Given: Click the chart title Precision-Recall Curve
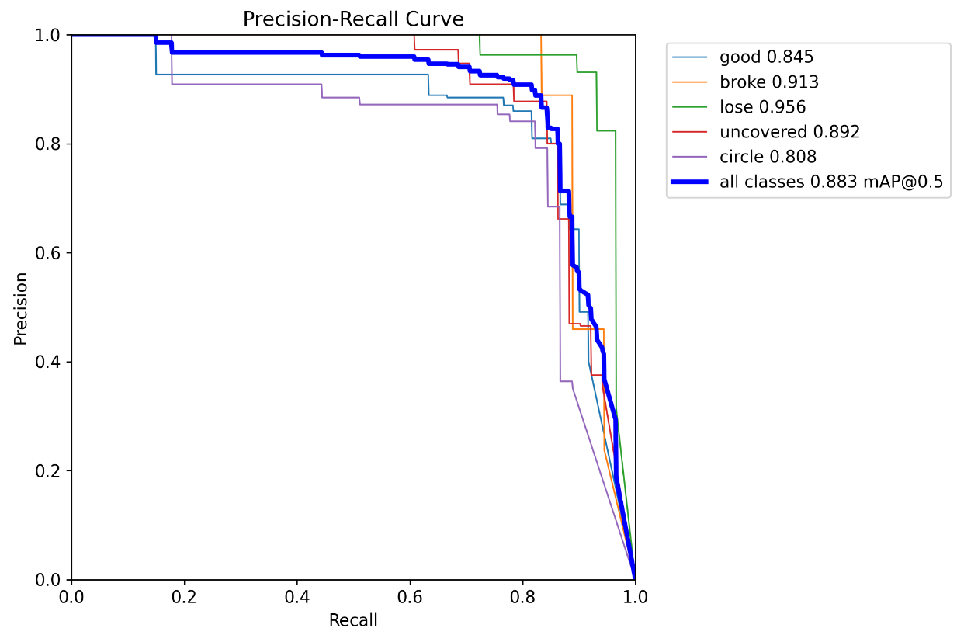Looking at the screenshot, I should pyautogui.click(x=353, y=19).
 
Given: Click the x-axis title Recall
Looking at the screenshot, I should pyautogui.click(x=353, y=620).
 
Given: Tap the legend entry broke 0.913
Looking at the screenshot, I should pyautogui.click(x=769, y=82).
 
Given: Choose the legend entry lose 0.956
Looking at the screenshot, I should pyautogui.click(x=763, y=107).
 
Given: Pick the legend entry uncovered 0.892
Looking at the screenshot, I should pyautogui.click(x=789, y=132).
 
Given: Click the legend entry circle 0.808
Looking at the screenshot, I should pyautogui.click(x=768, y=157).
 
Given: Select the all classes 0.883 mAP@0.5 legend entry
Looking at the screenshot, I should pyautogui.click(x=830, y=182).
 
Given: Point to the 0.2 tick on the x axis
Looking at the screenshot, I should pyautogui.click(x=184, y=599).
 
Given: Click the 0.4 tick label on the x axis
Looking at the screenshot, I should pyautogui.click(x=297, y=599).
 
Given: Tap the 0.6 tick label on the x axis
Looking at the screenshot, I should pyautogui.click(x=410, y=599).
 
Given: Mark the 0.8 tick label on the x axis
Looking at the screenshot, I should pyautogui.click(x=522, y=599).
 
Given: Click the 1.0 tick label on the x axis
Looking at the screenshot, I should pyautogui.click(x=635, y=599).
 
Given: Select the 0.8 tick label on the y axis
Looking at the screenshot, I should pyautogui.click(x=49, y=144).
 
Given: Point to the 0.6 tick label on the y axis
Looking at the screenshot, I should pyautogui.click(x=49, y=253).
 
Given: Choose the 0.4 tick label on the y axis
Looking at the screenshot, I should pyautogui.click(x=49, y=362).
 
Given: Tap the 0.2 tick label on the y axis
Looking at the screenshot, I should pyautogui.click(x=49, y=471).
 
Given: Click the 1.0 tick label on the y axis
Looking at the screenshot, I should pyautogui.click(x=49, y=36).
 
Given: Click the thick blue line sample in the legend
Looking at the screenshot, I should pyautogui.click(x=692, y=182).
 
